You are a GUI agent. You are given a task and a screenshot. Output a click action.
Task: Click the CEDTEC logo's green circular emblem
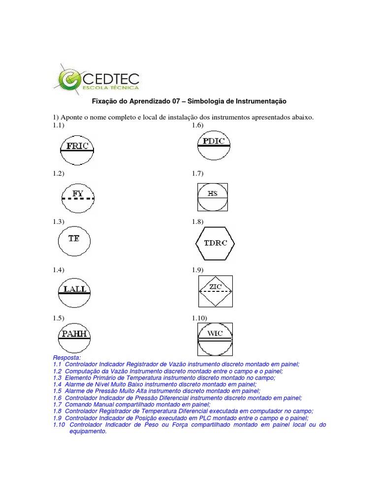click(x=69, y=79)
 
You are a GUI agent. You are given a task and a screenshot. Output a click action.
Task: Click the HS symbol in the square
click(x=212, y=197)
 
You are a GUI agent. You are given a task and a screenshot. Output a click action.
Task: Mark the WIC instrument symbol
click(x=215, y=338)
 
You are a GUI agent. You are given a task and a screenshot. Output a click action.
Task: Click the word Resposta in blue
click(x=66, y=357)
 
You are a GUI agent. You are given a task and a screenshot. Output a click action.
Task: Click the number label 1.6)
click(x=197, y=126)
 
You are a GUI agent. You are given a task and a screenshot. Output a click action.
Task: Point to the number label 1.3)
click(x=59, y=222)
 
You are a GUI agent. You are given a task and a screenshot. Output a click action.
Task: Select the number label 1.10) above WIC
click(x=199, y=318)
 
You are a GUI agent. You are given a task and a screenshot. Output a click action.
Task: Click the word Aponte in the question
click(x=72, y=118)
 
